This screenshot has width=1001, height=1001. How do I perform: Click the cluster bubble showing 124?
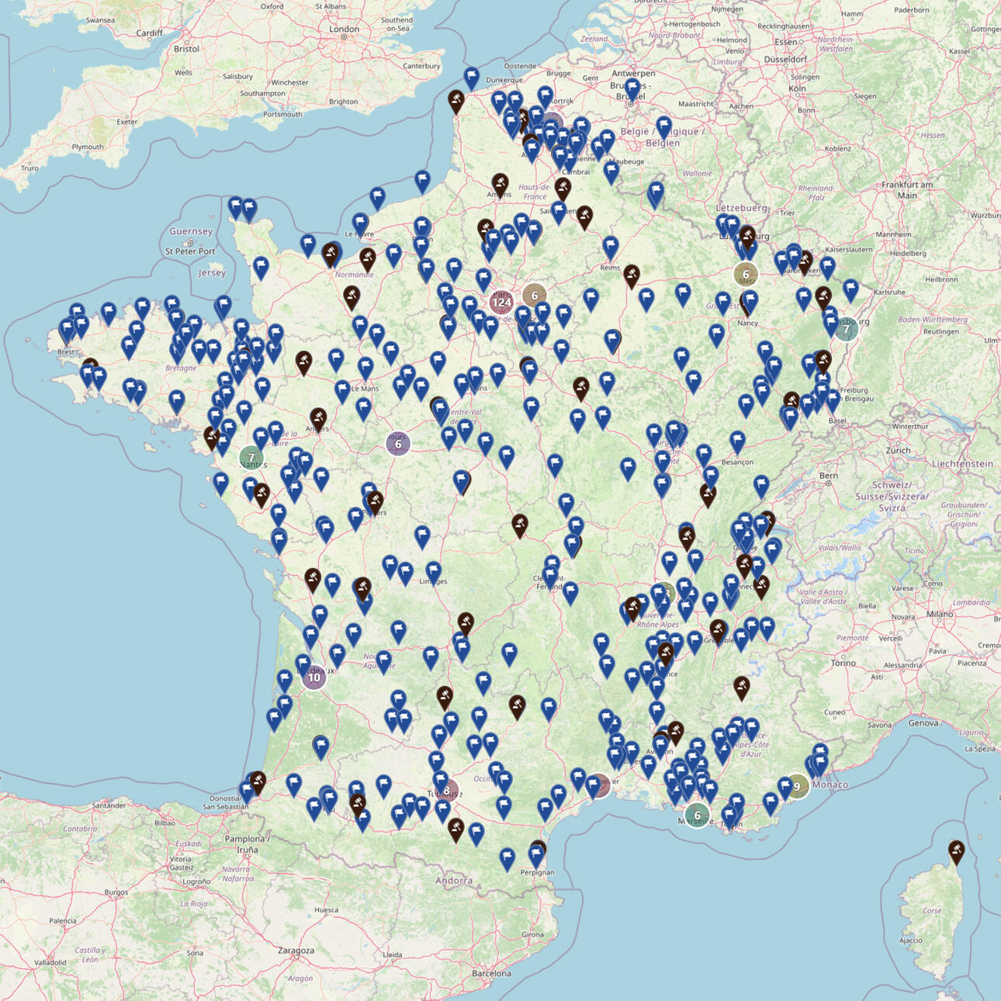click(501, 302)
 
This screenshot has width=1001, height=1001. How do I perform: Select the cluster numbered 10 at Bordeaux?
click(313, 677)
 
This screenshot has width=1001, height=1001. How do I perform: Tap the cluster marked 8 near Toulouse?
click(446, 791)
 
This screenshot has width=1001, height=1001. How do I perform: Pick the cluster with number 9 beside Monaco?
click(797, 786)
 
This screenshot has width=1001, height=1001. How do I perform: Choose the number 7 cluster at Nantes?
click(251, 457)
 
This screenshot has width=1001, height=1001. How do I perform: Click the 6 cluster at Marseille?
click(697, 815)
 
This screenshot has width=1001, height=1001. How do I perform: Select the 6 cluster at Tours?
click(398, 444)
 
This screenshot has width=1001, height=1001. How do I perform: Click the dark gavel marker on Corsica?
click(957, 850)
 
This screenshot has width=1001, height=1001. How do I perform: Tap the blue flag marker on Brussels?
click(632, 89)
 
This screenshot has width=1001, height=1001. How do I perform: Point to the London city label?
click(344, 29)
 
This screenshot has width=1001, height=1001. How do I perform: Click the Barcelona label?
click(492, 973)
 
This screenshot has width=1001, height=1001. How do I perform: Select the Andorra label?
click(454, 880)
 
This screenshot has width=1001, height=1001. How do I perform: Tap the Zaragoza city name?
click(296, 950)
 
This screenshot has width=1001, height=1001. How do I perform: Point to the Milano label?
click(939, 614)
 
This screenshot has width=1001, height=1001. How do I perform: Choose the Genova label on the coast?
click(923, 722)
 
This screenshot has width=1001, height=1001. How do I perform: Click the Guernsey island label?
click(191, 231)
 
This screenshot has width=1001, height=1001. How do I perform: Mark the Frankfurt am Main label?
click(907, 189)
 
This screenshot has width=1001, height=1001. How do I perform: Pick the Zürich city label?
click(899, 450)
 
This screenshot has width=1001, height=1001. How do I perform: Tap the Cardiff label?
click(149, 33)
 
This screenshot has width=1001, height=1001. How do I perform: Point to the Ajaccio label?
click(911, 940)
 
